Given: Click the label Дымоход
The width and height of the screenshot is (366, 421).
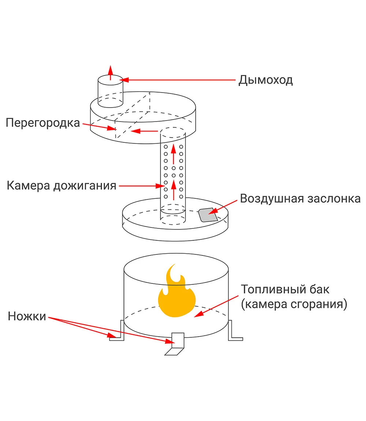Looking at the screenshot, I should click(x=265, y=79).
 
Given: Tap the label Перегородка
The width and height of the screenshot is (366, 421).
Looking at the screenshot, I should click(x=43, y=123).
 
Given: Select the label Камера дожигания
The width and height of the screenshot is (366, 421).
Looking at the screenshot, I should click(x=61, y=186).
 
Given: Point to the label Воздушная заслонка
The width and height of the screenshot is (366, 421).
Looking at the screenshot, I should click(x=300, y=198).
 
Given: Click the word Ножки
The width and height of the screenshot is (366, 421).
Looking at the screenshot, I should click(x=27, y=316).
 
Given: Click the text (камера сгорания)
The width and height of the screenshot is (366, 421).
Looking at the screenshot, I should click(x=294, y=305).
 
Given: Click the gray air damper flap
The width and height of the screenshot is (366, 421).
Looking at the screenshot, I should click(x=208, y=215).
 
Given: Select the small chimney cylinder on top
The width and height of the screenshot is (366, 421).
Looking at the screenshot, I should click(x=110, y=92).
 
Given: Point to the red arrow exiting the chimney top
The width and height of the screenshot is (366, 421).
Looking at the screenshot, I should click(x=110, y=72).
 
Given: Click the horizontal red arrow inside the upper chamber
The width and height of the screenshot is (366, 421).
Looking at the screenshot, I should click(x=144, y=131).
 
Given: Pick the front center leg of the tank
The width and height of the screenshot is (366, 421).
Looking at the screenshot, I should click(x=176, y=344).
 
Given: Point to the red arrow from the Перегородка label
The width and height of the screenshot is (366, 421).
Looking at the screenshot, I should click(x=99, y=127).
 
